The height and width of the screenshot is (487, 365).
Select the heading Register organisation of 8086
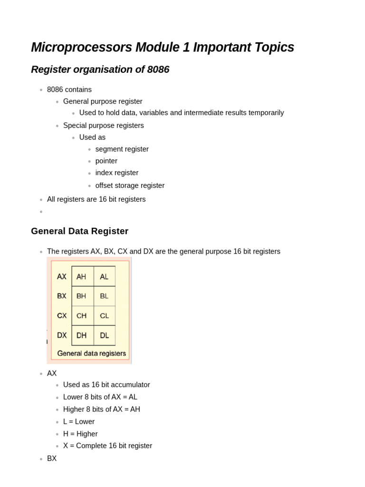(x=100, y=69)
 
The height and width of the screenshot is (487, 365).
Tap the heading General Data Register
(x=79, y=231)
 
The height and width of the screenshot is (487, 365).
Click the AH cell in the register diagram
(x=81, y=276)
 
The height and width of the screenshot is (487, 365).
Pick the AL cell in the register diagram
(x=104, y=276)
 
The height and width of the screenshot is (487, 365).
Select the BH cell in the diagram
(x=81, y=296)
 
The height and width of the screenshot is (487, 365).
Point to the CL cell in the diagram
(x=104, y=315)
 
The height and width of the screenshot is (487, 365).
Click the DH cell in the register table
(x=81, y=335)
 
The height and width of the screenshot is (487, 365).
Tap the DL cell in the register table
(x=104, y=335)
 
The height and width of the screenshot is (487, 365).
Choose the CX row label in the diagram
(x=62, y=315)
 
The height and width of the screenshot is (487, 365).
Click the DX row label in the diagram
(x=62, y=335)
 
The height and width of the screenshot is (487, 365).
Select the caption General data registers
(x=91, y=353)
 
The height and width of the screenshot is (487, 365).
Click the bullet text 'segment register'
(x=122, y=149)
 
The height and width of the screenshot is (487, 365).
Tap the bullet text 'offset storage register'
(x=130, y=185)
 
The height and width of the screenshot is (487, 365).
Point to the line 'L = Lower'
(x=79, y=421)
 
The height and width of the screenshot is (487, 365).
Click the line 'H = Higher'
(x=80, y=434)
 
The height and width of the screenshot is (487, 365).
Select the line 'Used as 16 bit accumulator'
(x=106, y=385)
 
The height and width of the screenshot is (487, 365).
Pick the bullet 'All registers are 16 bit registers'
(x=96, y=199)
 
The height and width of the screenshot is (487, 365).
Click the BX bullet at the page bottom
(x=52, y=458)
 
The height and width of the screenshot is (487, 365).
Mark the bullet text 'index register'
(x=117, y=173)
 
